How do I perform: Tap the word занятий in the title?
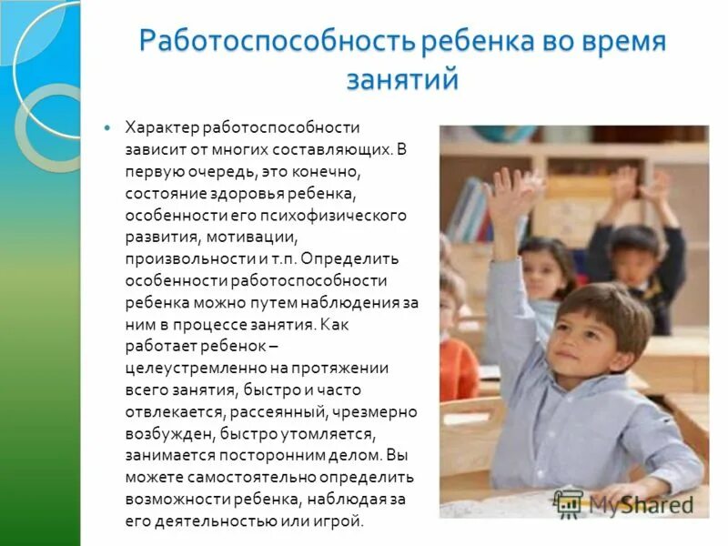(x=401, y=80)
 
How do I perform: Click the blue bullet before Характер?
(x=108, y=128)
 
